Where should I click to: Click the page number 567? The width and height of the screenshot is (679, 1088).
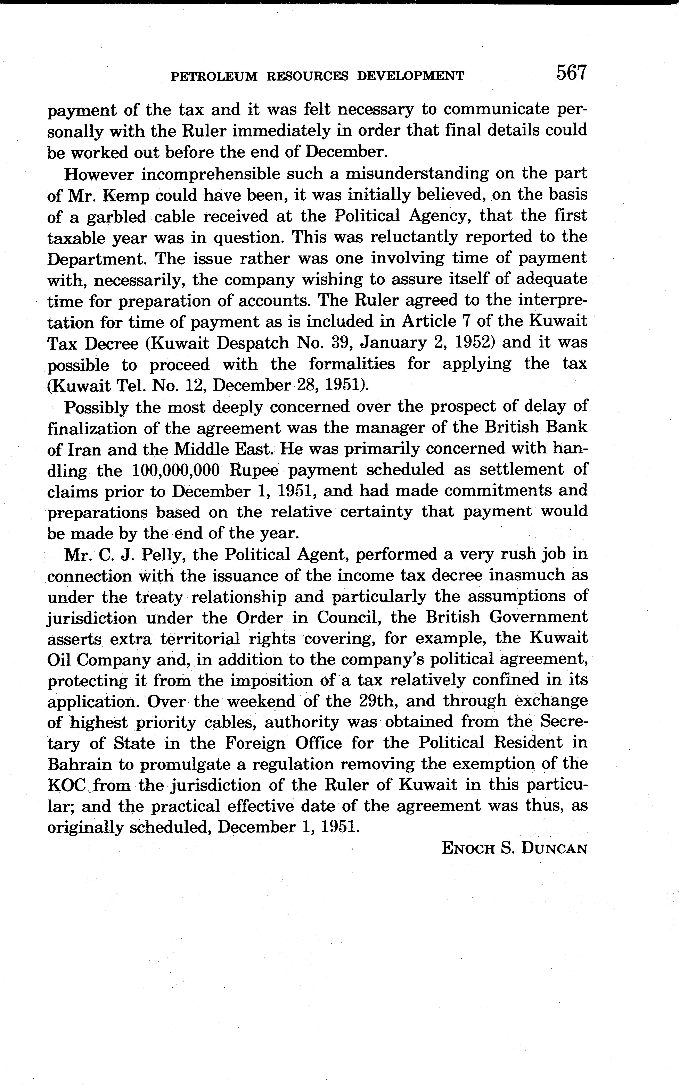pos(571,73)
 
